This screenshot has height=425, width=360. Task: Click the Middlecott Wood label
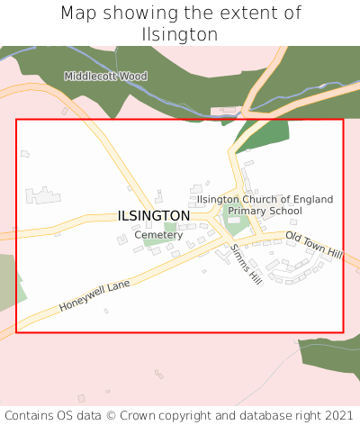click(105, 77)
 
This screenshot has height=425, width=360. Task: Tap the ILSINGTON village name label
click(153, 216)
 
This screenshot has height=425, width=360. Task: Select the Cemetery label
click(158, 235)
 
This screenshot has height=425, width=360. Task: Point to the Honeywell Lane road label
click(94, 295)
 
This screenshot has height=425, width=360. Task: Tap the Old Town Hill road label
click(314, 245)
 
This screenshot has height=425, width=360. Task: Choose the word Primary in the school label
click(246, 211)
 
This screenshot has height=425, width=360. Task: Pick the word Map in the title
click(78, 14)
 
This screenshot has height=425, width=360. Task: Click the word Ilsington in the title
click(180, 34)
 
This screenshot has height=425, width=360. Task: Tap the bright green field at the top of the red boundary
click(264, 134)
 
